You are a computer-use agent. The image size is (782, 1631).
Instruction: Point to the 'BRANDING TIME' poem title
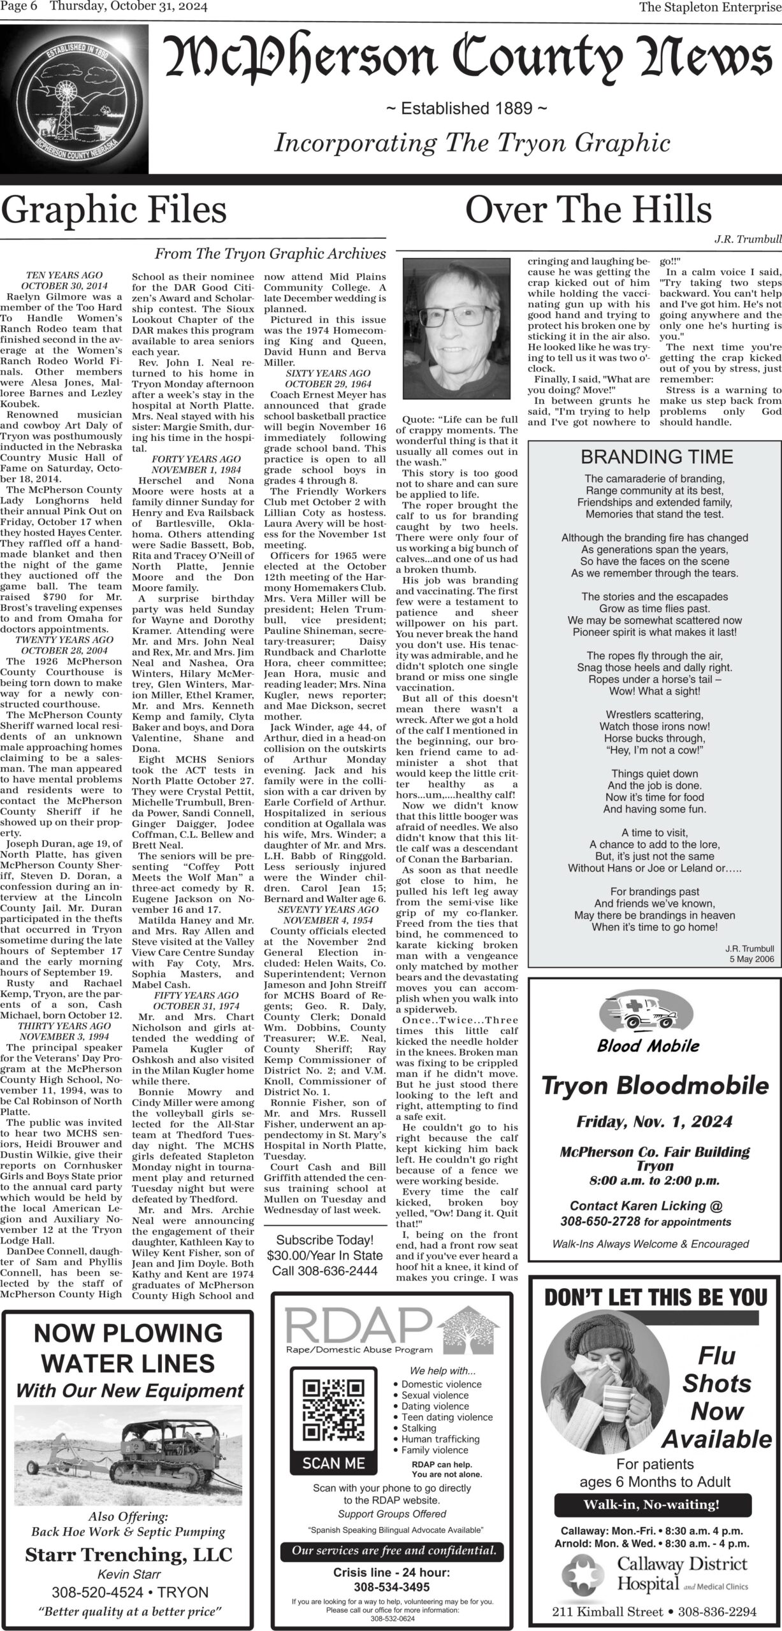pos(656,457)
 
